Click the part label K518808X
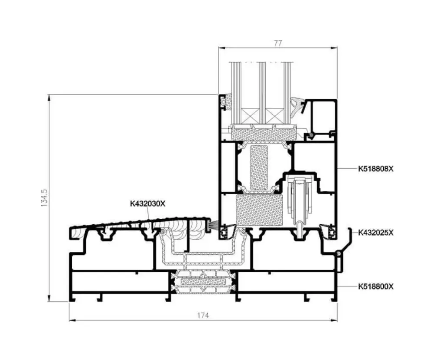376,169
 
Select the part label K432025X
376,233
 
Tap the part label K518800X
376,286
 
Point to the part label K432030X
147,204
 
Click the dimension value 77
278,43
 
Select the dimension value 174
203,315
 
